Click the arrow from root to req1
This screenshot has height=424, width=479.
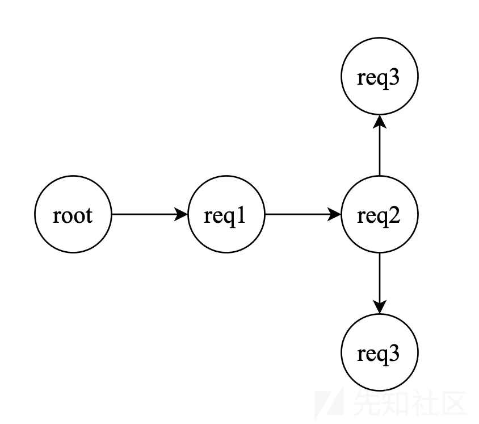click(150, 214)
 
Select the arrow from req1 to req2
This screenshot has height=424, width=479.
click(303, 214)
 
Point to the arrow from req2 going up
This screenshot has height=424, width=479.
click(380, 146)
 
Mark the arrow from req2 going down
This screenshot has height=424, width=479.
click(380, 283)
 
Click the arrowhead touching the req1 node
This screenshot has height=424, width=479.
click(181, 214)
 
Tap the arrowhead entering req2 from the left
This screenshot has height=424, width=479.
click(334, 214)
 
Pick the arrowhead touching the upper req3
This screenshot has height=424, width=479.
click(380, 122)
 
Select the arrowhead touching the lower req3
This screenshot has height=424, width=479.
click(380, 307)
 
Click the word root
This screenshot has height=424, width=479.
click(73, 215)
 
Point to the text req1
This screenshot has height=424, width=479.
click(225, 217)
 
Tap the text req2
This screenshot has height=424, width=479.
click(379, 217)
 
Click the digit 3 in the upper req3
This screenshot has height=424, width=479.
click(393, 77)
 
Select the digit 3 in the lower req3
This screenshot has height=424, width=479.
click(393, 354)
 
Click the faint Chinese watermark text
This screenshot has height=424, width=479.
click(409, 403)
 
